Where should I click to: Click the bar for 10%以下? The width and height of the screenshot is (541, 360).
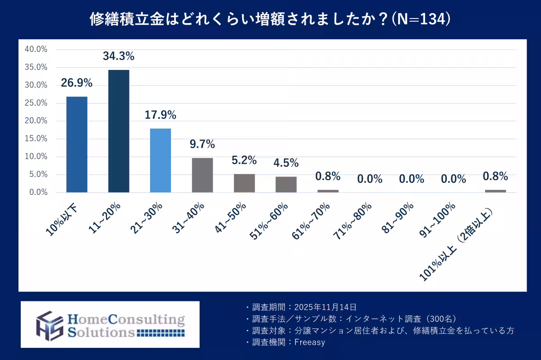click(77, 144)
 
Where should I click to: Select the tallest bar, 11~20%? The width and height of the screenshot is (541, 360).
click(119, 131)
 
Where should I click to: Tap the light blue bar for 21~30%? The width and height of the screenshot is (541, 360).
click(160, 160)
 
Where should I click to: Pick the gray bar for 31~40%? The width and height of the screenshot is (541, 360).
click(202, 175)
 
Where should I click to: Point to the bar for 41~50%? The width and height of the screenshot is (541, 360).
click(244, 183)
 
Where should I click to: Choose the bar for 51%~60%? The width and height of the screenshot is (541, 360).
click(286, 185)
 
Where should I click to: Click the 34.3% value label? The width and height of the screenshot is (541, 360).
click(119, 56)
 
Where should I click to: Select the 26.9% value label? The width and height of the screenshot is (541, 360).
click(77, 83)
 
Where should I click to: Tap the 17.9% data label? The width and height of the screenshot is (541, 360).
click(160, 115)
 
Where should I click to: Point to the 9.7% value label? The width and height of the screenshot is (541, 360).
click(202, 144)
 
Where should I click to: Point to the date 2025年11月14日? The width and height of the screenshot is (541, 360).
click(325, 307)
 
